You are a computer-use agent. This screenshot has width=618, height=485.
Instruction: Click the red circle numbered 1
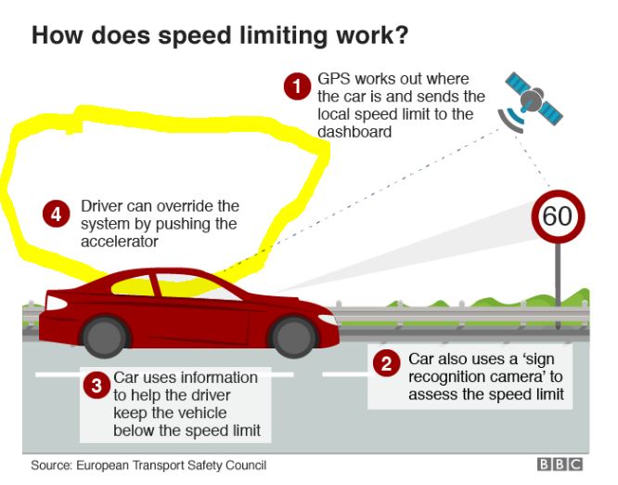[x=297, y=86]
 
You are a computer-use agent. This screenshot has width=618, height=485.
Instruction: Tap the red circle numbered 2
[x=386, y=363]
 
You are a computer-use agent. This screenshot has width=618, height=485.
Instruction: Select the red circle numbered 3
[x=97, y=386]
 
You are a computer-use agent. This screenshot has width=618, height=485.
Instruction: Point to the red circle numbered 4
[x=57, y=215]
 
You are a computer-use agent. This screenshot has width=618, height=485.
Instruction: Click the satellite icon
[x=532, y=102]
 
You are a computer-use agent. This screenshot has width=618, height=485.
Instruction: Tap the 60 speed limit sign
[x=558, y=216]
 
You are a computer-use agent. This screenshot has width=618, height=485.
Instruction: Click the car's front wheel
[x=293, y=337]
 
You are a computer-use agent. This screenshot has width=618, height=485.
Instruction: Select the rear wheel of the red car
[x=105, y=336]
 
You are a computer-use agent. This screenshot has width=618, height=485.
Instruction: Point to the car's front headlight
[x=328, y=319]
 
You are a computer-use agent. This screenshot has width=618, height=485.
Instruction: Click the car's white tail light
[x=56, y=303]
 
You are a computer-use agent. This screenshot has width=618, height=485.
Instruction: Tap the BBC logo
[x=560, y=464]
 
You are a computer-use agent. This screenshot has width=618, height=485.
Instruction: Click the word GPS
[x=333, y=79]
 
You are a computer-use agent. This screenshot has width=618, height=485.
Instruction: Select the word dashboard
[x=354, y=132]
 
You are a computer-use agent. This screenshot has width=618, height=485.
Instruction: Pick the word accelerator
[x=120, y=242]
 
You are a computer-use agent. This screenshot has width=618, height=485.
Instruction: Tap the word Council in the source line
[x=246, y=465]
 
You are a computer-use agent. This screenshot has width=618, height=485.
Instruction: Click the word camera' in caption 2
[x=516, y=377]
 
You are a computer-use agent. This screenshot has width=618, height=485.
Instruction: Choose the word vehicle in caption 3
[x=202, y=413]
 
